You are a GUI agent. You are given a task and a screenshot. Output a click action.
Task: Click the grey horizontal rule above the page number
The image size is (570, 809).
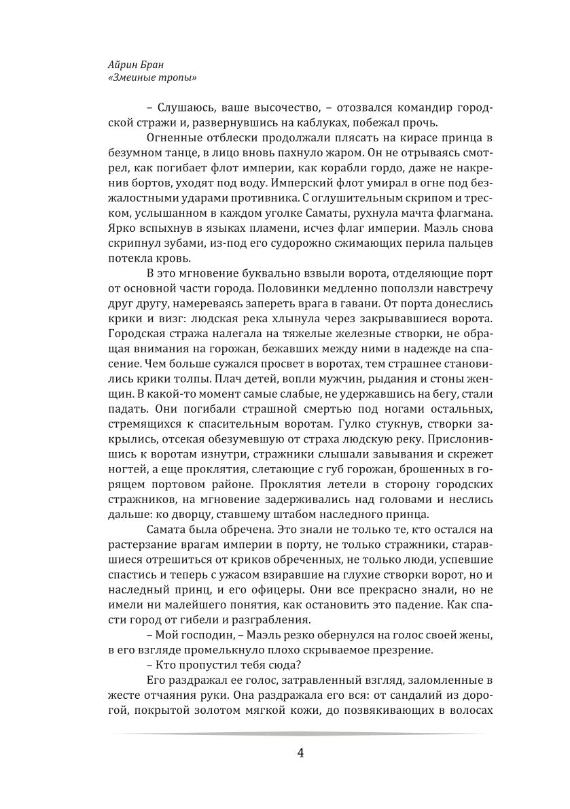pyautogui.click(x=299, y=734)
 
